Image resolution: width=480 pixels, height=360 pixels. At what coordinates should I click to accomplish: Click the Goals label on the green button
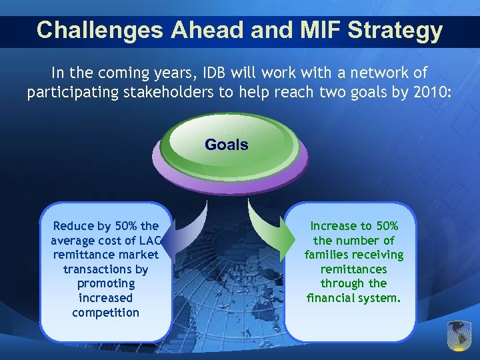pyautogui.click(x=227, y=145)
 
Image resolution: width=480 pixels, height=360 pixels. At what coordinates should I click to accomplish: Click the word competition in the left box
pyautogui.click(x=105, y=313)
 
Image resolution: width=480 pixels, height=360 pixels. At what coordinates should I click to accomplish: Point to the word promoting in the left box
pyautogui.click(x=105, y=284)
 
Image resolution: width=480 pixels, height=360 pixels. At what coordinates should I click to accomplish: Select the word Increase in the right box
pyautogui.click(x=333, y=226)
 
